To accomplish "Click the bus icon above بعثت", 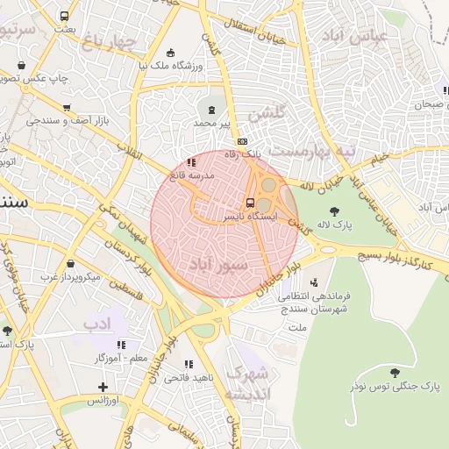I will tap(64, 16).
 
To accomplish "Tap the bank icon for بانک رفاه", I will tap(242, 141).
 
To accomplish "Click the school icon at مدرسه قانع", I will tap(192, 161).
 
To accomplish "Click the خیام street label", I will tap(378, 158).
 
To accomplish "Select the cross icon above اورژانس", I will tap(103, 386).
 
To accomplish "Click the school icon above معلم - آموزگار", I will tap(121, 345).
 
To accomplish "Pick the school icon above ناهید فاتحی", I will tap(188, 363).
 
